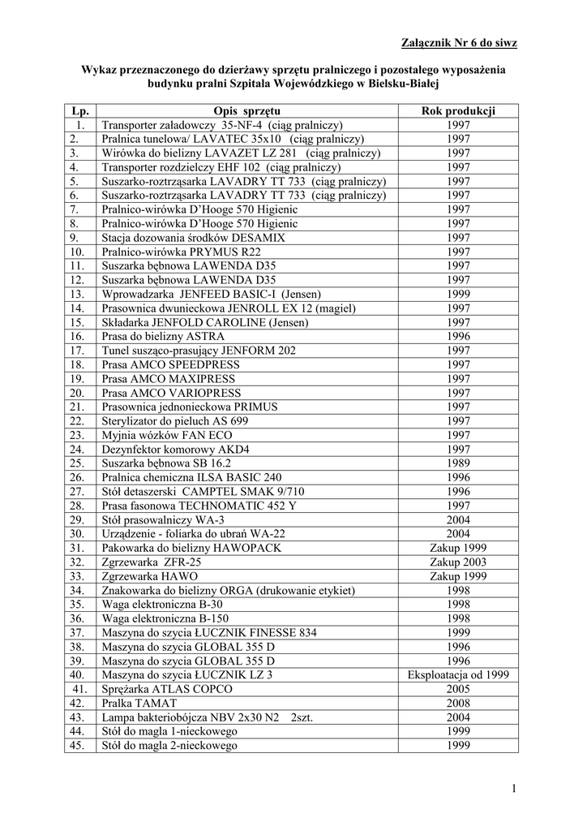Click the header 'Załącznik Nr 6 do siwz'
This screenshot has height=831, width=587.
coord(459,42)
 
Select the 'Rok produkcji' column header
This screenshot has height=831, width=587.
coord(458,111)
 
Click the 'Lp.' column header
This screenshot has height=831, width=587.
coord(79,111)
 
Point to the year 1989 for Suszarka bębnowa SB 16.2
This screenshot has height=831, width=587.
coord(458,463)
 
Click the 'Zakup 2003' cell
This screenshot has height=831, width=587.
coord(458,562)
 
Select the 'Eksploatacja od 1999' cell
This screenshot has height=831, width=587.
coord(458,674)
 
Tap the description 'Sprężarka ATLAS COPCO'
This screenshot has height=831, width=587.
coord(167,689)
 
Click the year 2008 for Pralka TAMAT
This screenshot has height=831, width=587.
coord(458,703)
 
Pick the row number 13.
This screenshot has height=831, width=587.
coord(78,294)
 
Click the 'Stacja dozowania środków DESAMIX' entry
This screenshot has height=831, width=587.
coord(194,238)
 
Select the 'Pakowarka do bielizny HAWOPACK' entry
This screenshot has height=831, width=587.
coord(191,548)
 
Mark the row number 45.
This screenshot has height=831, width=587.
coord(78,745)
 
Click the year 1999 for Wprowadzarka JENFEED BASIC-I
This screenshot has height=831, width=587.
coord(458,294)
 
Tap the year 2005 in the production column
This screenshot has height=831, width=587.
coord(458,689)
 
